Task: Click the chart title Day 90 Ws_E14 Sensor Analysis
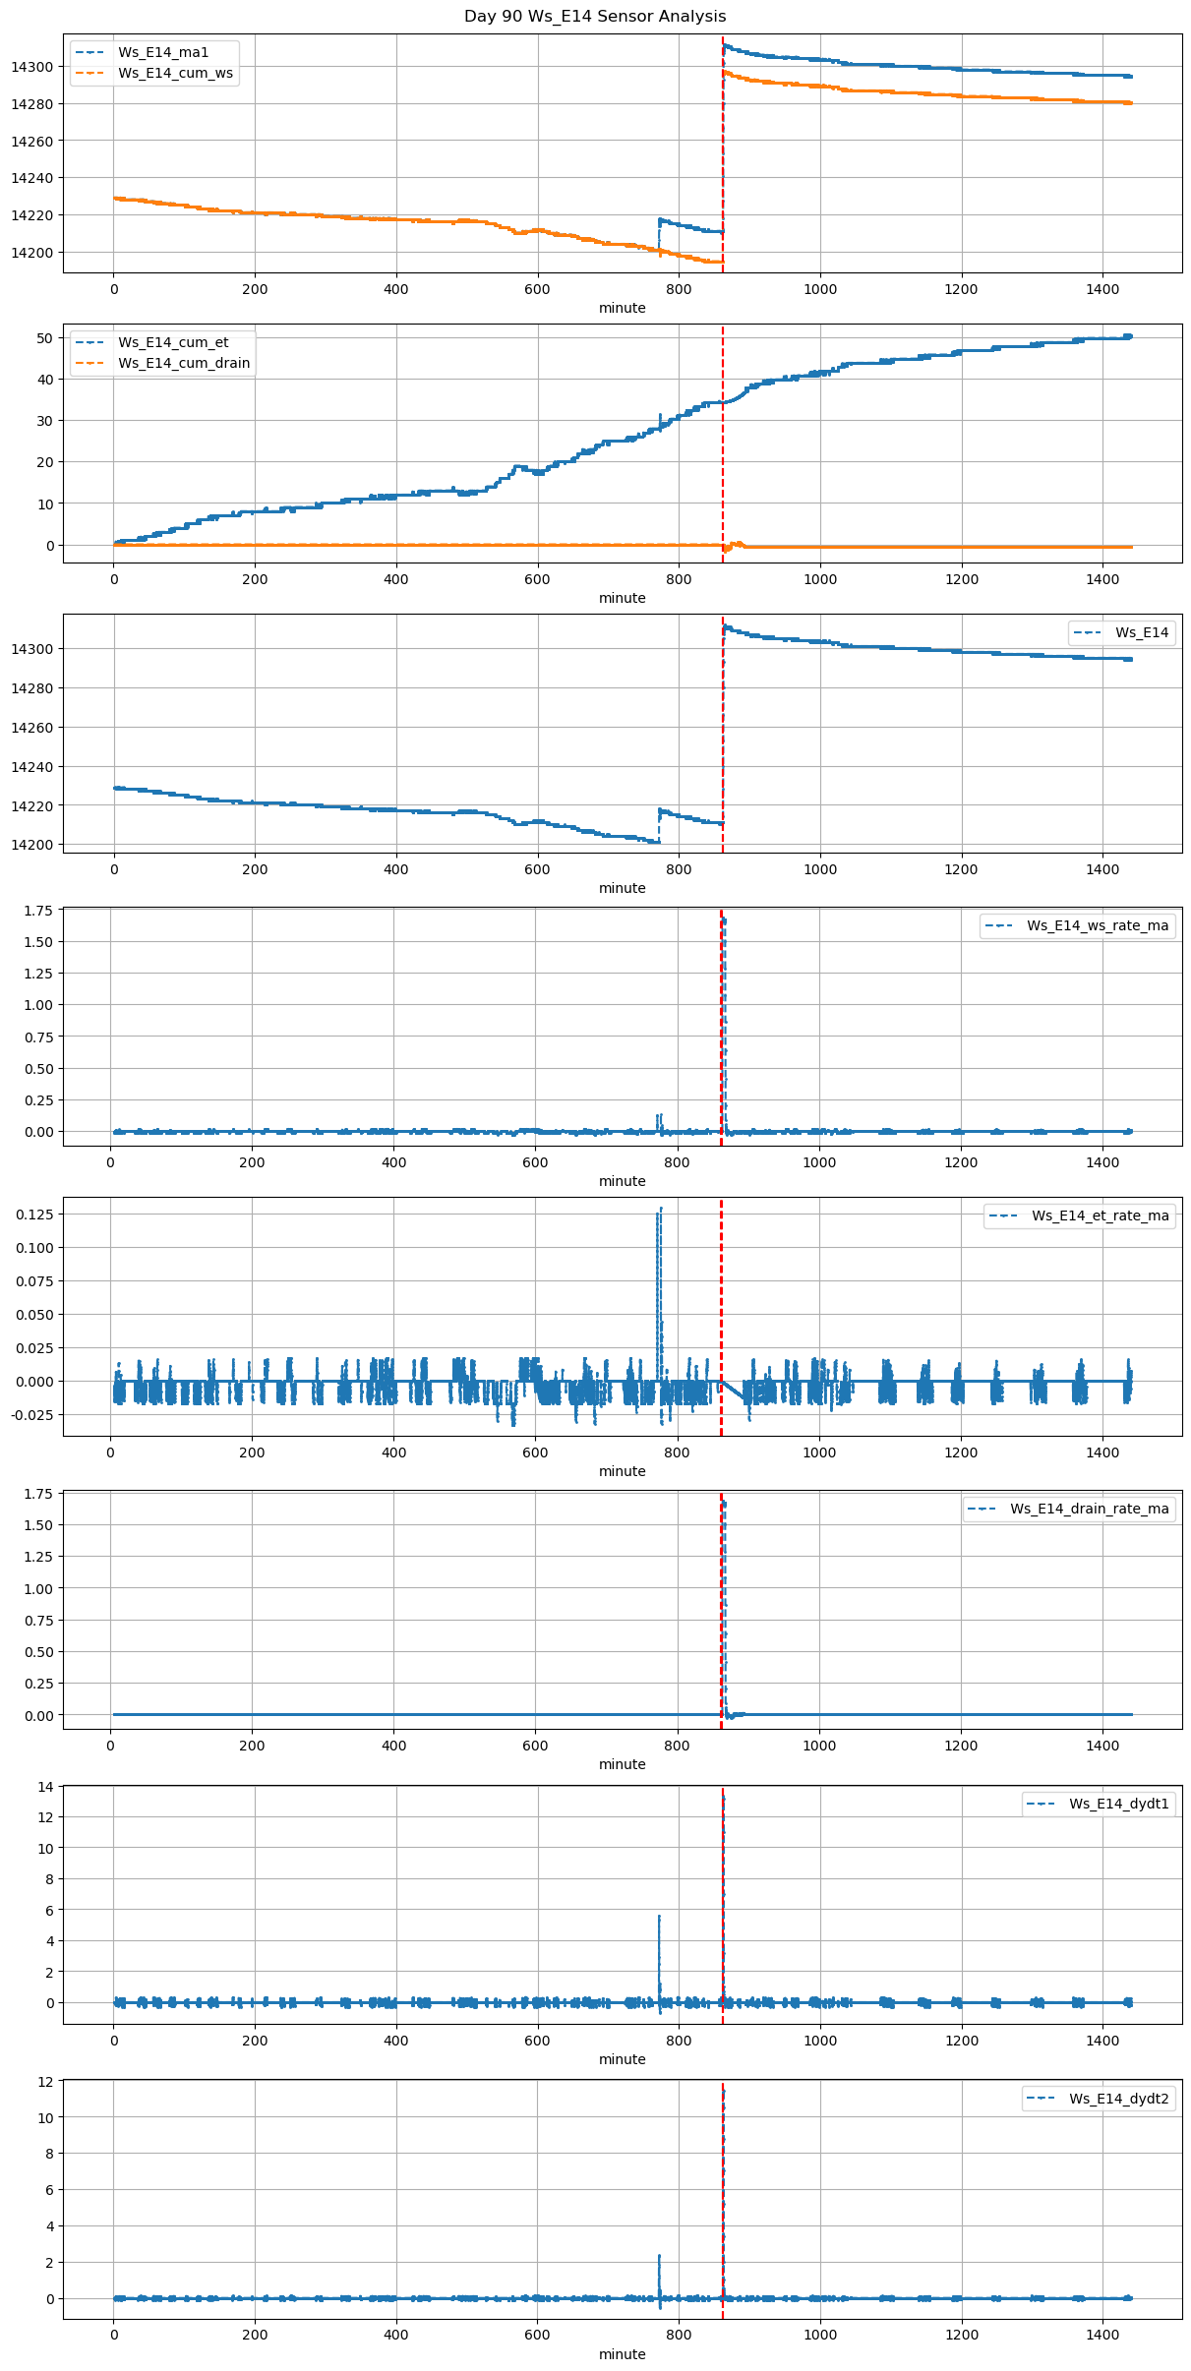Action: (595, 17)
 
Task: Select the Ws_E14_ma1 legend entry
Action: (163, 52)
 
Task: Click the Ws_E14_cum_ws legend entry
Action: (175, 73)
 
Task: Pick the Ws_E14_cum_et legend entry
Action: (173, 342)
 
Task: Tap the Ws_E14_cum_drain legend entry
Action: (184, 363)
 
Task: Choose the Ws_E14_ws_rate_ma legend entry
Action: (1098, 925)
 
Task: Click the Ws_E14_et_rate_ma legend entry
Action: (1100, 1215)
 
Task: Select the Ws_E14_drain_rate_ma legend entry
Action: (1089, 1509)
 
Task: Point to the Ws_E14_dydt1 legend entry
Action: (1118, 1804)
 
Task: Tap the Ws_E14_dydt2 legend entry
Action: (1118, 2099)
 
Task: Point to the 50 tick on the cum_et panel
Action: (45, 337)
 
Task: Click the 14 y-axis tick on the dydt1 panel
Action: (45, 1785)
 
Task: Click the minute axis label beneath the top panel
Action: (622, 308)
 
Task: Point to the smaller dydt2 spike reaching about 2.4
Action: (659, 2256)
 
